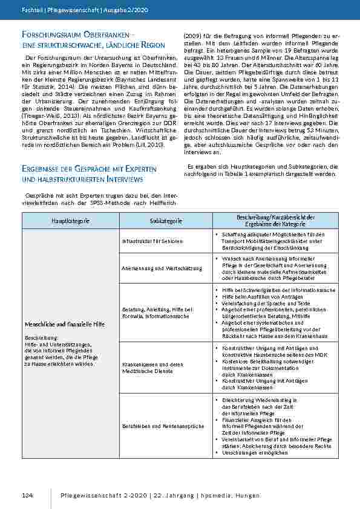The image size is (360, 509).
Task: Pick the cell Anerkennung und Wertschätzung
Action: [x=154, y=268]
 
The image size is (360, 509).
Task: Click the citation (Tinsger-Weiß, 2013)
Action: [x=47, y=113]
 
